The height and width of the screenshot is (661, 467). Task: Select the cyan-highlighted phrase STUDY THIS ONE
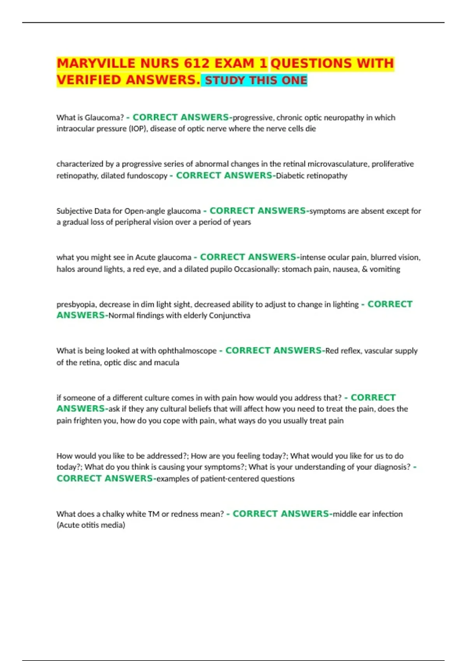click(256, 80)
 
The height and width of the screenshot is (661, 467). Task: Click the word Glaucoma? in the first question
click(104, 117)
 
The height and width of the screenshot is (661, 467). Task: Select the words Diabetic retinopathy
click(311, 176)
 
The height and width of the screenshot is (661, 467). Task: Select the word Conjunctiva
click(230, 315)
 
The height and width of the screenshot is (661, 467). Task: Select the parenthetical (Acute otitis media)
click(91, 525)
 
